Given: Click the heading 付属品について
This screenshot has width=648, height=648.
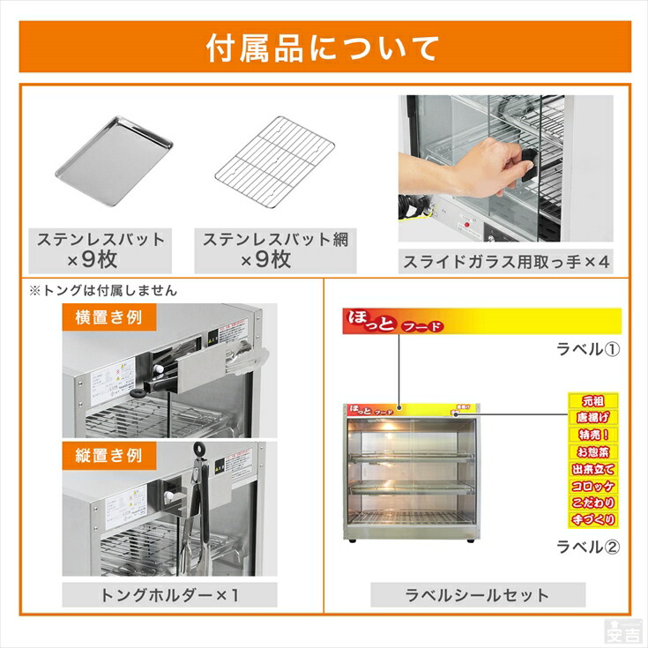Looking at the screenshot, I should pos(323,48).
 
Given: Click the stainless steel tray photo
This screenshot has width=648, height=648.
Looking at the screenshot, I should pos(114,160).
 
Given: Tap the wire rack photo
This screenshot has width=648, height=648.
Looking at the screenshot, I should pos(274,160).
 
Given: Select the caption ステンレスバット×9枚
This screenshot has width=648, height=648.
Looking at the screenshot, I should pos(100,250).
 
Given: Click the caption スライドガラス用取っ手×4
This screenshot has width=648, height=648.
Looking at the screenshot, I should pos(506,261).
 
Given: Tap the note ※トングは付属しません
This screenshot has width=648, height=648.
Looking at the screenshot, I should pos(102,290).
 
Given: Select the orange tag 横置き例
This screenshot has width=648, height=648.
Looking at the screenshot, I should pos(102,317).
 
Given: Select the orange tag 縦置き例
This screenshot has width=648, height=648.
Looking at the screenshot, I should pos(102,455).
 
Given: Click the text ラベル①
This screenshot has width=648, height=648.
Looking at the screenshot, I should pos(587,348).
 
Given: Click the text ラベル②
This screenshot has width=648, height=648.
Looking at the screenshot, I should pos(587,546).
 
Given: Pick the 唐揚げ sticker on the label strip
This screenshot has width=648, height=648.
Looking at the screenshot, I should pos(592,418).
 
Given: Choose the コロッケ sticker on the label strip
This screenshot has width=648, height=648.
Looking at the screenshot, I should pos(592,486).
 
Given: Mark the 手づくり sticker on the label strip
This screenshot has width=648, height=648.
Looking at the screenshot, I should pos(592,519).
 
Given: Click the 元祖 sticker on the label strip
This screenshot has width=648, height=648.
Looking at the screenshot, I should pos(592,401).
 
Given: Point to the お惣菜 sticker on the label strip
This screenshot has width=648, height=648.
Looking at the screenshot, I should pos(592,451).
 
